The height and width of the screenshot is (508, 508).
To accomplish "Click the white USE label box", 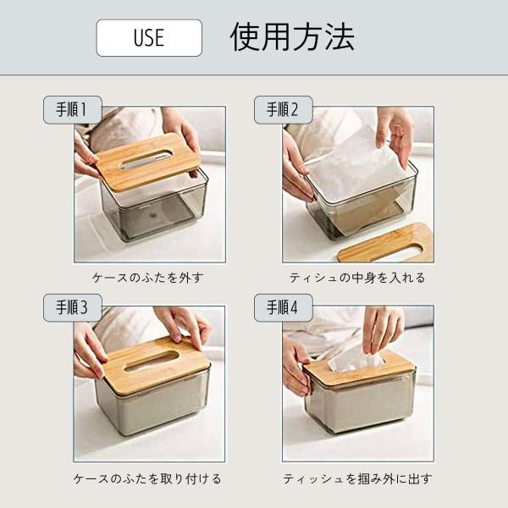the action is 149,38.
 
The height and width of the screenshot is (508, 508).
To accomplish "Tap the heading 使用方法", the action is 292,37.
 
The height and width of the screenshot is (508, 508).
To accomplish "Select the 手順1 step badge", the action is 73,109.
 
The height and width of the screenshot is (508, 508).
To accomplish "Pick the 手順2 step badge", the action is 283,109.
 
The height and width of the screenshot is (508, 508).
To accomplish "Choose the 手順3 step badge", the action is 73,307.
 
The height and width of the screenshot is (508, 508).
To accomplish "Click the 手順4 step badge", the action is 283,307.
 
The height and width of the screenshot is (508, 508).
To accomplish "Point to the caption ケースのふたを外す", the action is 147,278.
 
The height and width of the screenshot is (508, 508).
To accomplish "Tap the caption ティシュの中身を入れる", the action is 357,278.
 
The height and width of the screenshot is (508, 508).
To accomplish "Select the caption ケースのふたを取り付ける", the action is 147,478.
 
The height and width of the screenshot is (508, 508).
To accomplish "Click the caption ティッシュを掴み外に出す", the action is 357,478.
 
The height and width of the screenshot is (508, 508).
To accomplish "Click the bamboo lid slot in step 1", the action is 146,161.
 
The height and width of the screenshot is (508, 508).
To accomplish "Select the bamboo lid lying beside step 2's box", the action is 385,243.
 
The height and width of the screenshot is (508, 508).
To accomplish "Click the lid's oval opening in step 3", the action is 152,361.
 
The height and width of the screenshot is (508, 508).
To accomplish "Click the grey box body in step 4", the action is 361,405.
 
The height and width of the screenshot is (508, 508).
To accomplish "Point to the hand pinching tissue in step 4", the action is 383,329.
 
